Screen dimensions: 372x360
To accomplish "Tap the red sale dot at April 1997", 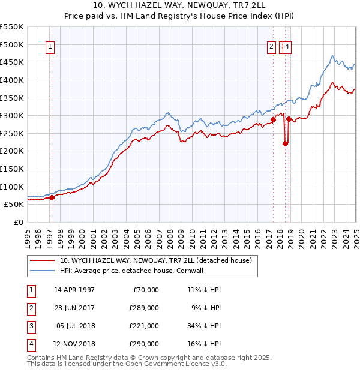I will (52, 197).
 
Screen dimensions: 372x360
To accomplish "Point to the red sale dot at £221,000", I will (286, 143).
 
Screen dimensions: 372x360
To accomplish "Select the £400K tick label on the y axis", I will (12, 80).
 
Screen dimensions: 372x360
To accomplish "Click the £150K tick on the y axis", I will (12, 169).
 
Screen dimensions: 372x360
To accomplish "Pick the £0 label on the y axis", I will (17, 222).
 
